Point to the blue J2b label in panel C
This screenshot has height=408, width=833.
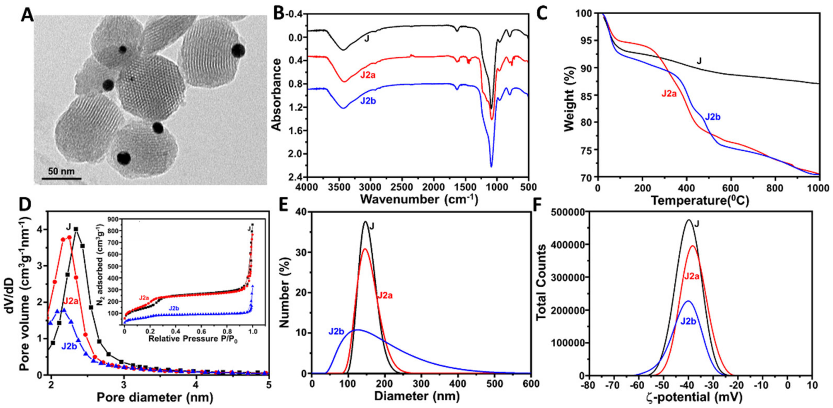point(712,117)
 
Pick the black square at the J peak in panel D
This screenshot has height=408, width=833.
point(76,229)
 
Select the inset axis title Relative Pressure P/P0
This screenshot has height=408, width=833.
point(192,339)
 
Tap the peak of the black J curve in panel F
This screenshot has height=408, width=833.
point(688,220)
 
